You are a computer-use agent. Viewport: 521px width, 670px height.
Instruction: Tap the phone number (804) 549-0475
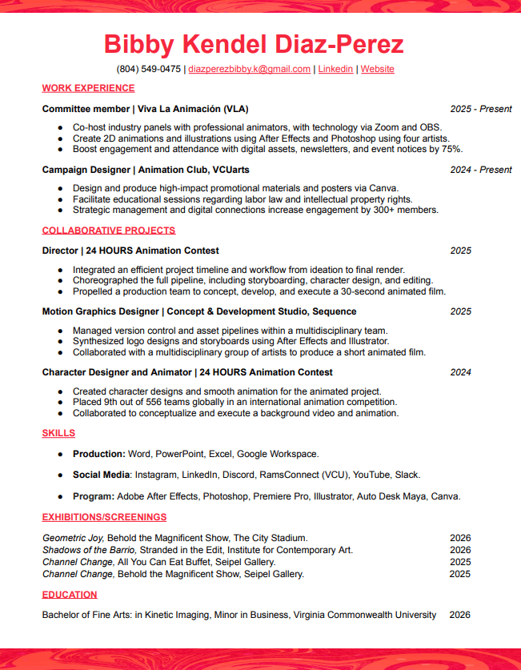149,70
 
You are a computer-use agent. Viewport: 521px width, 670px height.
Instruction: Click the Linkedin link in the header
335,70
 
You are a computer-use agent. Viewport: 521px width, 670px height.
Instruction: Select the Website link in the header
377,70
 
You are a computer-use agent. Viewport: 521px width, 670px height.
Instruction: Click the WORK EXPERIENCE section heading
88,88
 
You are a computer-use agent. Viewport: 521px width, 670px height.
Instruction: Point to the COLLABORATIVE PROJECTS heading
108,231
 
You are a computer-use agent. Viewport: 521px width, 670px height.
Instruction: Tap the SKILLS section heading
58,433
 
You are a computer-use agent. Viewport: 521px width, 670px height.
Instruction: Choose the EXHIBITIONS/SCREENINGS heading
104,517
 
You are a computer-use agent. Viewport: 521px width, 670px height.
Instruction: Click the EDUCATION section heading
70,595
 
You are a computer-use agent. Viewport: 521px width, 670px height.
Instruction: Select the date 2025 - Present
480,109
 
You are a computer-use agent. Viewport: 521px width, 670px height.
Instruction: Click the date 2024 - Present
480,170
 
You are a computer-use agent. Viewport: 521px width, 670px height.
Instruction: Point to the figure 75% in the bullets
451,149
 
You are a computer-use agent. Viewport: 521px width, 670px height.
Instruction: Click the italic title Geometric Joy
73,538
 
